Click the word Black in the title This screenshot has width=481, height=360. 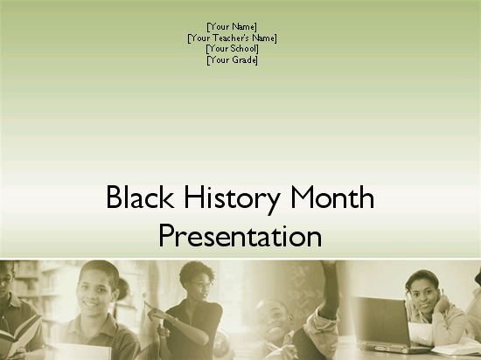[x=140, y=197]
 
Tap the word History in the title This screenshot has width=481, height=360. [x=232, y=199]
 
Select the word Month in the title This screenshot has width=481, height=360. [x=332, y=197]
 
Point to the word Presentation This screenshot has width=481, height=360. [x=240, y=235]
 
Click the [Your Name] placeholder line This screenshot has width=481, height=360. [x=232, y=27]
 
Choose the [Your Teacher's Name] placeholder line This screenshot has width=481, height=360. [x=233, y=38]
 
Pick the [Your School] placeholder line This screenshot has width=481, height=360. [x=233, y=49]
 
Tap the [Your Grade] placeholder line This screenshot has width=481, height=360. [x=233, y=59]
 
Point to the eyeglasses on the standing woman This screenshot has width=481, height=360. [x=203, y=285]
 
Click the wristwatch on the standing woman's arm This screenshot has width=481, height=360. [x=175, y=321]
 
